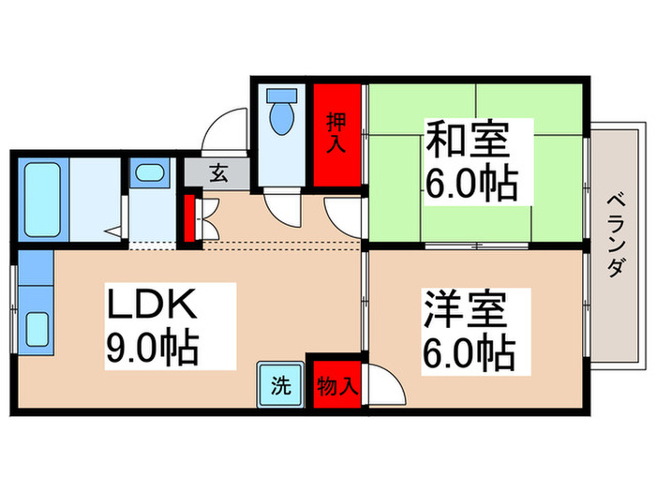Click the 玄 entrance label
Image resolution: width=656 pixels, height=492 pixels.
click(217, 173)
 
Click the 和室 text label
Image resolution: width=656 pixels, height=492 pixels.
click(469, 140)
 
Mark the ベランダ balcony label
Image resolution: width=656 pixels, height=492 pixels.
click(616, 234)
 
